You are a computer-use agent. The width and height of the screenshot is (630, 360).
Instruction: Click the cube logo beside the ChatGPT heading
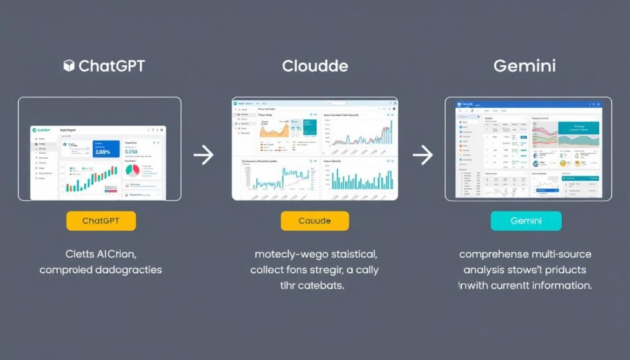[x=69, y=66]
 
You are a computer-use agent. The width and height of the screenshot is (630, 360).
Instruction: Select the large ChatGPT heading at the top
[x=111, y=66]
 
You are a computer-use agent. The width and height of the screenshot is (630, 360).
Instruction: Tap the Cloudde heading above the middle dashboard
[x=314, y=66]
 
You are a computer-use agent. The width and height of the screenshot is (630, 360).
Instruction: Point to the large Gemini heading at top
[x=525, y=66]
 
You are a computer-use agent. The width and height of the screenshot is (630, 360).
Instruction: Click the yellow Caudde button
[x=314, y=221]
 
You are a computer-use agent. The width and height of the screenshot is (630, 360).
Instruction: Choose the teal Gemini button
[x=525, y=221]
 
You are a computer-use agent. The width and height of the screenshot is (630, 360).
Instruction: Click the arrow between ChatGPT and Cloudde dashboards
[x=203, y=155]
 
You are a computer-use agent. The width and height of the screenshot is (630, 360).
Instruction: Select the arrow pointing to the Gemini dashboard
[x=422, y=155]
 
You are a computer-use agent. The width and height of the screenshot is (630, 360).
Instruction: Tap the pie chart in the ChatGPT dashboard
[x=132, y=169]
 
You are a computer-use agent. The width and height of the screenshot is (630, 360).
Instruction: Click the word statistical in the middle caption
[x=351, y=254]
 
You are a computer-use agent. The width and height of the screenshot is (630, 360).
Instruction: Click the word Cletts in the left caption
[x=81, y=254]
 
